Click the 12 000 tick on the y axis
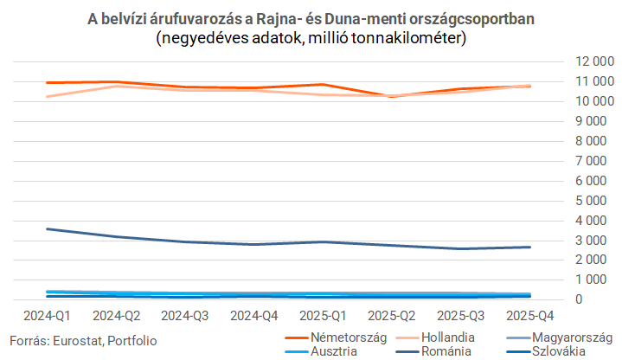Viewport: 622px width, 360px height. [x=594, y=61]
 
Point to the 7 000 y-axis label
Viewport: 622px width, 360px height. [x=591, y=161]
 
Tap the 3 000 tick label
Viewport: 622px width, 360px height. [x=591, y=240]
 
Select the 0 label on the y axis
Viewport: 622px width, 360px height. [x=579, y=299]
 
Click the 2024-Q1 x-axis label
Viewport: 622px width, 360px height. [x=47, y=316]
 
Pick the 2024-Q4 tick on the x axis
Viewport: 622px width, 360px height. [x=253, y=316]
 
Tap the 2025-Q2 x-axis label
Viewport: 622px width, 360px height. [x=392, y=316]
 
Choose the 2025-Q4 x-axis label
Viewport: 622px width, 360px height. [x=530, y=316]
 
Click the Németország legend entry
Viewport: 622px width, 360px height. [x=336, y=337]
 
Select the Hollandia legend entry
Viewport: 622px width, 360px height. [x=435, y=337]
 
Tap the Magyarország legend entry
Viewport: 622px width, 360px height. [x=560, y=337]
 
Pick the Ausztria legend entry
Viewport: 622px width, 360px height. [x=321, y=351]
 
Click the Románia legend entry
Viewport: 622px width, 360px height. [x=433, y=351]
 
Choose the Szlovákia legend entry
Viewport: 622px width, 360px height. [x=546, y=351]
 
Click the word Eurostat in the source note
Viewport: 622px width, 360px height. [x=78, y=341]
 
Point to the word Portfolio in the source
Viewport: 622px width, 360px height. [x=132, y=341]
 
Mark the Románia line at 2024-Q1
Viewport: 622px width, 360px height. [x=47, y=229]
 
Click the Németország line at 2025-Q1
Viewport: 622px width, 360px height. [x=323, y=85]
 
